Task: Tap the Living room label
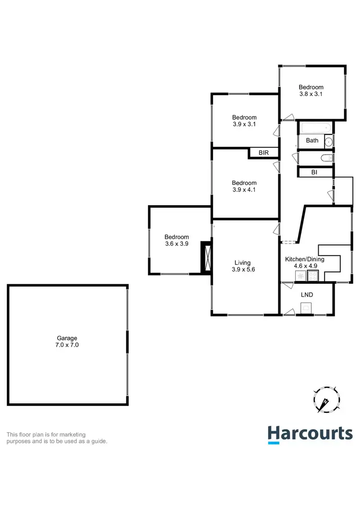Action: (x=242, y=263)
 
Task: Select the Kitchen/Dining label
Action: (x=305, y=259)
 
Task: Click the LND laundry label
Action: (x=307, y=294)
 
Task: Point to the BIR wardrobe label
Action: (x=264, y=153)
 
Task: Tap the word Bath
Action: (x=312, y=141)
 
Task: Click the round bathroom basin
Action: (x=329, y=141)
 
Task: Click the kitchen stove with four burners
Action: (x=312, y=276)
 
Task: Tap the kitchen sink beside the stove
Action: (x=300, y=276)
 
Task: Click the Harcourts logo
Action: (x=310, y=434)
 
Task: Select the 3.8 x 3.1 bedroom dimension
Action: (x=311, y=94)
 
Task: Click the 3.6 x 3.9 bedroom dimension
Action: (x=177, y=243)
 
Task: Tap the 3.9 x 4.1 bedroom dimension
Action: (x=244, y=189)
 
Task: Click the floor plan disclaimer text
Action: (x=57, y=438)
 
